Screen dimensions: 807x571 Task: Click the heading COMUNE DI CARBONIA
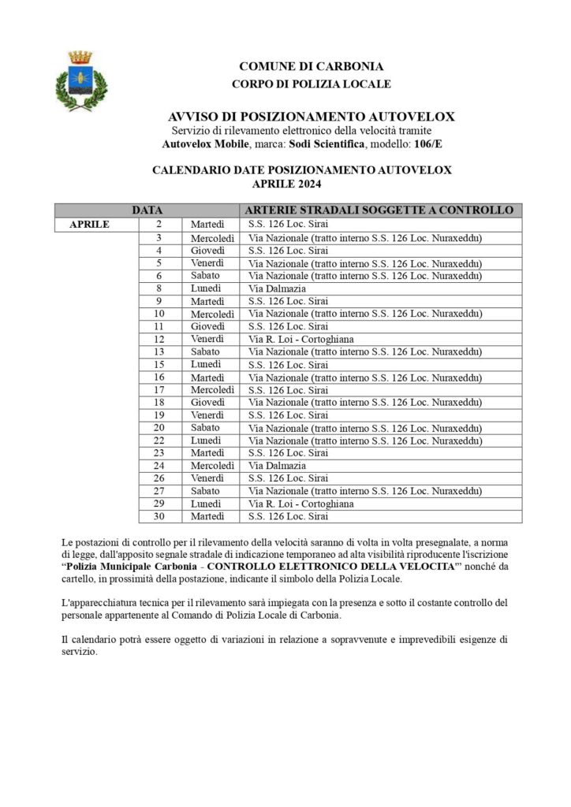pos(312,66)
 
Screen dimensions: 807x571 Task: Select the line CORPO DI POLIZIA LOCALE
pos(312,84)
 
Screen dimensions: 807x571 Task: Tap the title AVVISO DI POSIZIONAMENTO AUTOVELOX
pos(312,117)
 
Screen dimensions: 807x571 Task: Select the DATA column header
pos(147,210)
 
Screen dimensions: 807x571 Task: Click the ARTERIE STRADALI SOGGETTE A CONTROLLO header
pos(379,210)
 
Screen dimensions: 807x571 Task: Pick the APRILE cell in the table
pos(89,225)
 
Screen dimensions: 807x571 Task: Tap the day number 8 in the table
pos(159,288)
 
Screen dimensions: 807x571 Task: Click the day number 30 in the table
pos(159,516)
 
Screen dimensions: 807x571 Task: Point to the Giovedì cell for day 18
pos(207,402)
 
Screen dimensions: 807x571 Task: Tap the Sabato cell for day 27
pos(205,491)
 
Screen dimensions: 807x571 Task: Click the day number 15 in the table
pos(159,364)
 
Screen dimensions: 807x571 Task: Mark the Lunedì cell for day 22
pos(206,441)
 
